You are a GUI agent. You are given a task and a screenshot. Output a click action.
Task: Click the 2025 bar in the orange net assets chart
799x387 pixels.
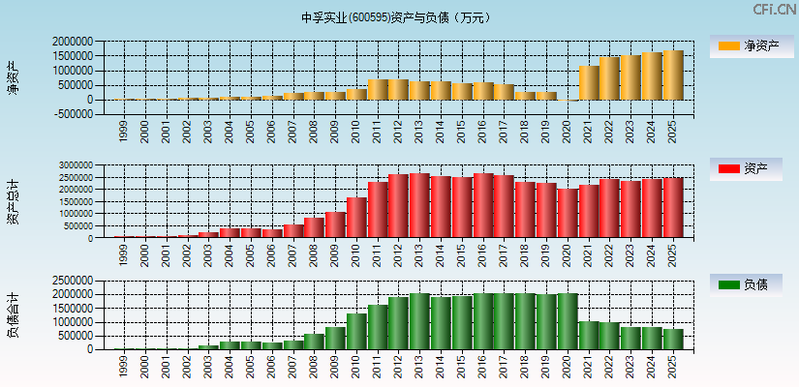(x=673, y=75)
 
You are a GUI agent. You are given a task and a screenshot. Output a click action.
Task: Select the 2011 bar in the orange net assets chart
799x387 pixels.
(x=378, y=89)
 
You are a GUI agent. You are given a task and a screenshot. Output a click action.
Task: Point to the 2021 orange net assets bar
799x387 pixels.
(x=589, y=83)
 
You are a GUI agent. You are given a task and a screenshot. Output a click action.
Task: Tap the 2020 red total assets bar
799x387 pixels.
(x=568, y=213)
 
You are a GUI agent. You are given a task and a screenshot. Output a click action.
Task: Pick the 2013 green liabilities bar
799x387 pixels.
(x=419, y=321)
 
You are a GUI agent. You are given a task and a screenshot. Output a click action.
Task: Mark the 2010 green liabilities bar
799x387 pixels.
(x=356, y=331)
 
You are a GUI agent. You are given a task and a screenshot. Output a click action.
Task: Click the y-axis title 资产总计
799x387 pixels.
(x=13, y=203)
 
